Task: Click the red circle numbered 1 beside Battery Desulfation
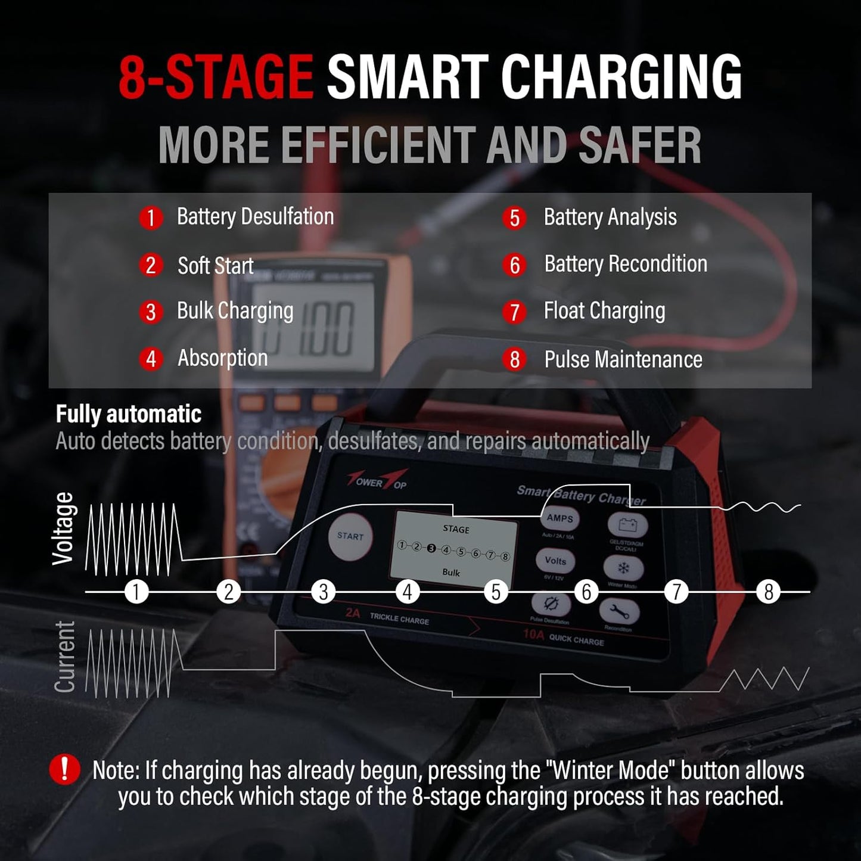point(151,218)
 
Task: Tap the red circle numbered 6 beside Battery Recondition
point(515,265)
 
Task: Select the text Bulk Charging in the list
point(235,311)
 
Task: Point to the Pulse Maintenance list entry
point(623,360)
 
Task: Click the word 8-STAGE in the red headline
point(216,77)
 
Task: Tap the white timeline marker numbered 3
point(324,592)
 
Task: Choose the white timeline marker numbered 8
point(768,592)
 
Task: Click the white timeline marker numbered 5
point(496,592)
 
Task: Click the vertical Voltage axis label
point(64,529)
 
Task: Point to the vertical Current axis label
point(65,657)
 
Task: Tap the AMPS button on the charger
point(560,518)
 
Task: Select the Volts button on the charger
point(555,561)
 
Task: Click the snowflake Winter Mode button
point(623,568)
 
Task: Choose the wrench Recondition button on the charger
point(618,612)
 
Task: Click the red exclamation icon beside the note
point(64,769)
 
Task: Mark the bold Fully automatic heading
point(129,414)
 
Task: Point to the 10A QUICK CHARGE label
point(564,637)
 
